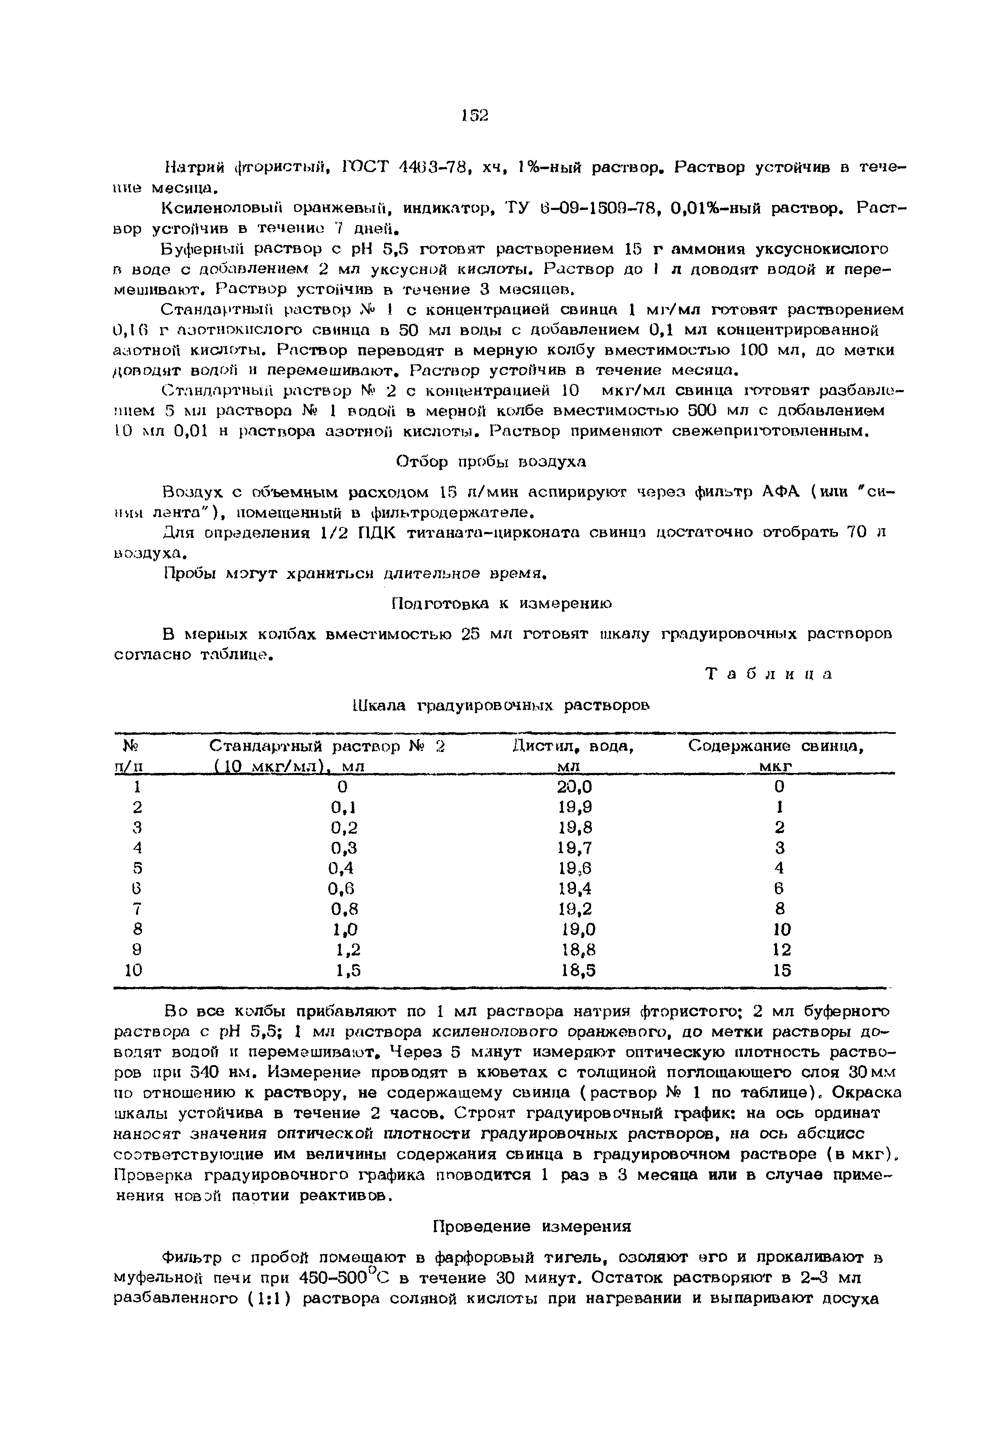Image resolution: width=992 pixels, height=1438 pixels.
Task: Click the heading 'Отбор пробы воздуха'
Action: pyautogui.click(x=491, y=462)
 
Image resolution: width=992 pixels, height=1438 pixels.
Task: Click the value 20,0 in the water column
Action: pyautogui.click(x=575, y=787)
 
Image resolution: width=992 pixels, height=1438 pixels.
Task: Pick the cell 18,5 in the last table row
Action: pyautogui.click(x=578, y=971)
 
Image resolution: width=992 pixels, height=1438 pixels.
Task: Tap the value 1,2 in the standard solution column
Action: pyautogui.click(x=348, y=950)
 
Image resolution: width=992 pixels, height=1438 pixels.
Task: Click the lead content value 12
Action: pyautogui.click(x=782, y=950)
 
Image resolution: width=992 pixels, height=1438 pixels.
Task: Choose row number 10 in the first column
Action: pyautogui.click(x=133, y=971)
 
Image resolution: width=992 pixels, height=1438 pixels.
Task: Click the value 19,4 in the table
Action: pyautogui.click(x=575, y=889)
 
